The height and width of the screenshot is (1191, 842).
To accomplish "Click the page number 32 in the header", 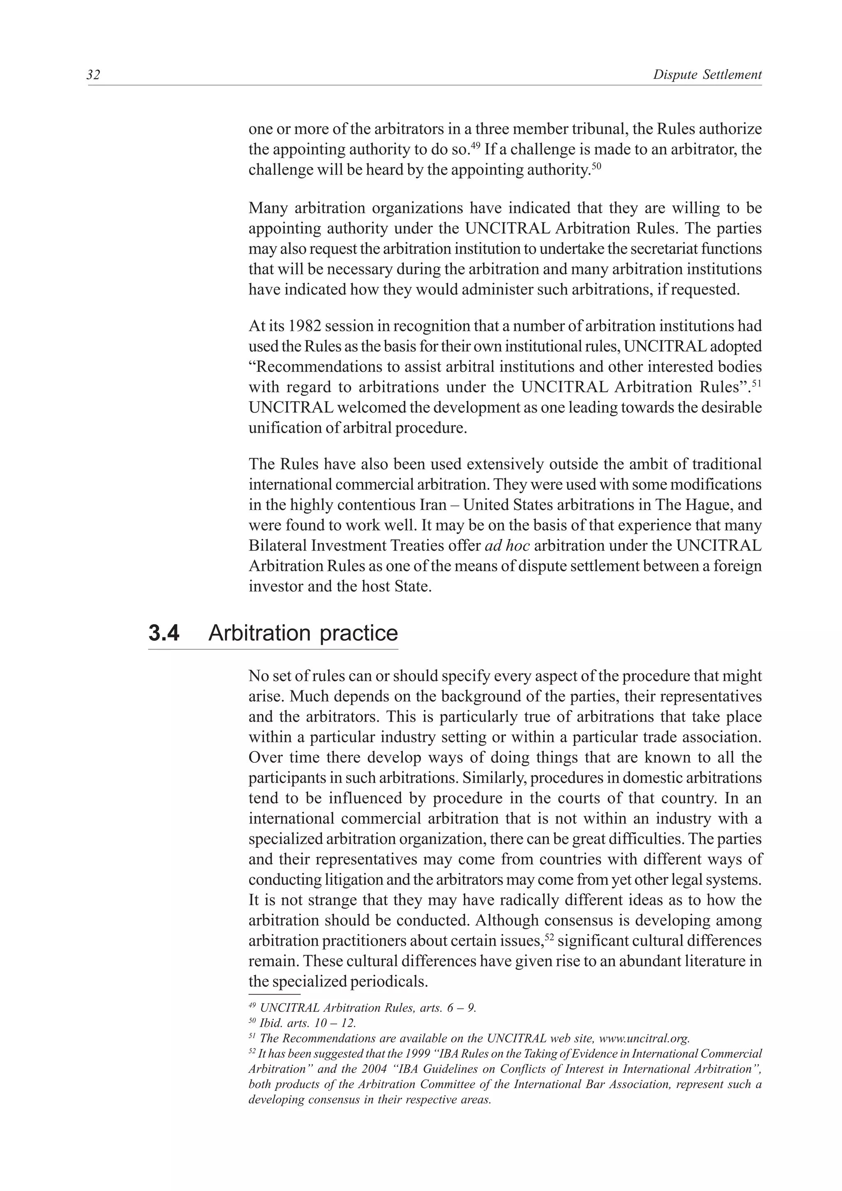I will coord(93,75).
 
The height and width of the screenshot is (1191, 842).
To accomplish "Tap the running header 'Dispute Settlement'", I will coord(707,75).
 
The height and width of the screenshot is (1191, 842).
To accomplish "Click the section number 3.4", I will coord(164,633).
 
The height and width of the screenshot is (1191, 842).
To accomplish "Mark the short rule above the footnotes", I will coord(275,995).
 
